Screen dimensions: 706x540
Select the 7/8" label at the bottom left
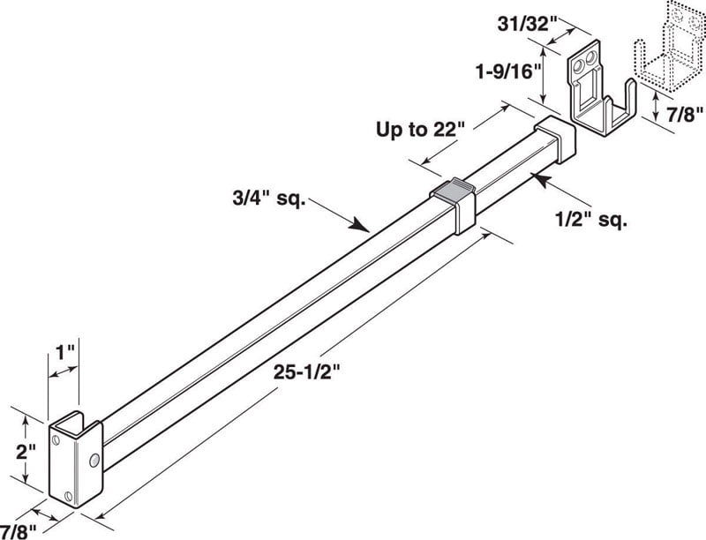click(18, 529)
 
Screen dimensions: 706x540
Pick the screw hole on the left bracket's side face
click(94, 460)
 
